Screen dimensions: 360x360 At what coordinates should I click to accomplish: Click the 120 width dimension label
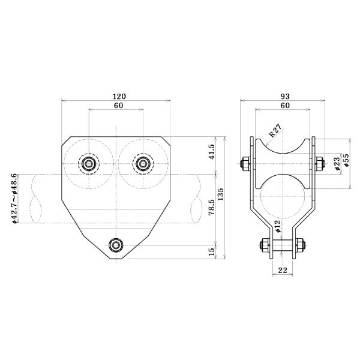(119, 97)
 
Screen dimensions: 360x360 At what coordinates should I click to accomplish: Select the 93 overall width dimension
(285, 97)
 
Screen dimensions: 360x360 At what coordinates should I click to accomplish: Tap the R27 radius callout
(275, 131)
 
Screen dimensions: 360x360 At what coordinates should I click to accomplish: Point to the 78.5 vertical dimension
(211, 207)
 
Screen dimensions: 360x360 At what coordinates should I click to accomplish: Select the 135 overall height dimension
(220, 194)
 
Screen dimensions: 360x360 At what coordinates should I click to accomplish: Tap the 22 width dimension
(283, 271)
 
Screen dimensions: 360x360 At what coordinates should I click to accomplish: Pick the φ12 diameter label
(277, 226)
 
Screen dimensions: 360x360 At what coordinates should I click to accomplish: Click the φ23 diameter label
(337, 164)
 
